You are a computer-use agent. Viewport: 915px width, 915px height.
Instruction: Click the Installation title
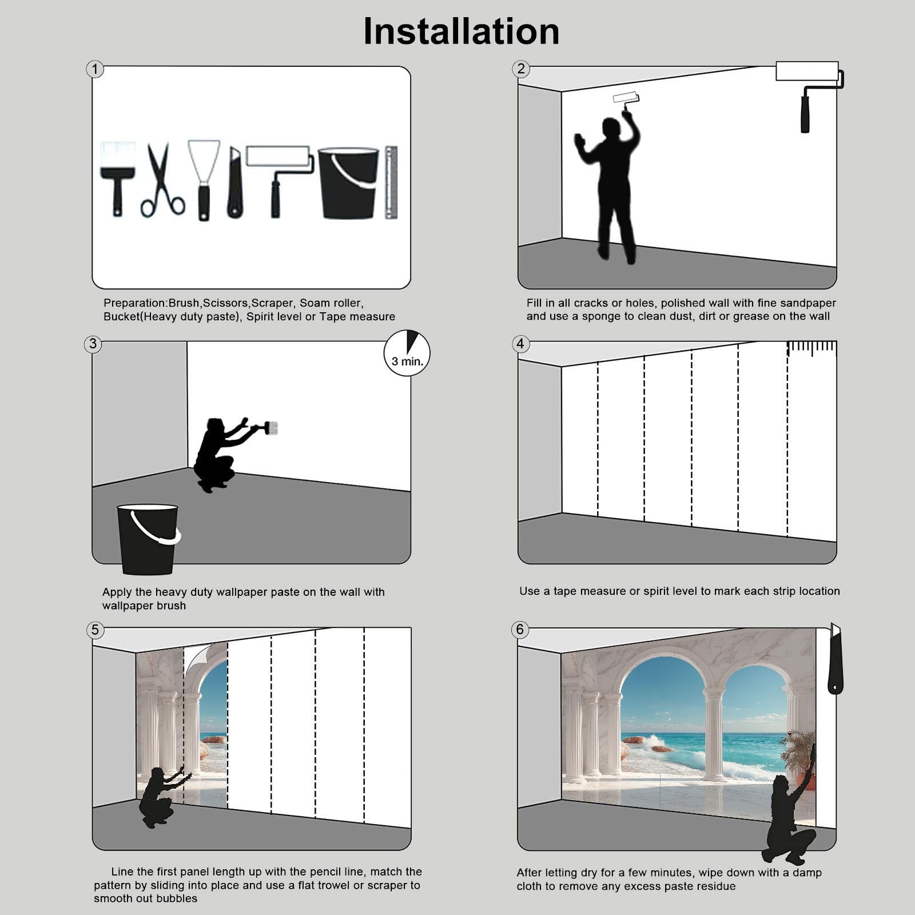[461, 31]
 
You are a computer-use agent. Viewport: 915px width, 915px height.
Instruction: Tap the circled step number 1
[95, 69]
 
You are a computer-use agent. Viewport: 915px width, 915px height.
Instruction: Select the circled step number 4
[520, 344]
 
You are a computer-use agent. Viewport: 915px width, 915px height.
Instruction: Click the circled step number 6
[520, 629]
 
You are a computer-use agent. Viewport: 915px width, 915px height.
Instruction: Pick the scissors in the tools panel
[162, 180]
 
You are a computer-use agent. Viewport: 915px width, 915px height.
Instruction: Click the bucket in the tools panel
[348, 183]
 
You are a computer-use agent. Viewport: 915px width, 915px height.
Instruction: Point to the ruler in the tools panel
[391, 182]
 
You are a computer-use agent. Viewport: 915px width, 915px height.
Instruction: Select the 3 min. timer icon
[407, 352]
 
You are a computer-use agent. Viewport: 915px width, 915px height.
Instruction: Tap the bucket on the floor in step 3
[148, 539]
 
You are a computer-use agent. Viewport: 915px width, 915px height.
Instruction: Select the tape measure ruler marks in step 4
[812, 348]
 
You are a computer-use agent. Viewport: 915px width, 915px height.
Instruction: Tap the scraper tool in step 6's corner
[836, 659]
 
